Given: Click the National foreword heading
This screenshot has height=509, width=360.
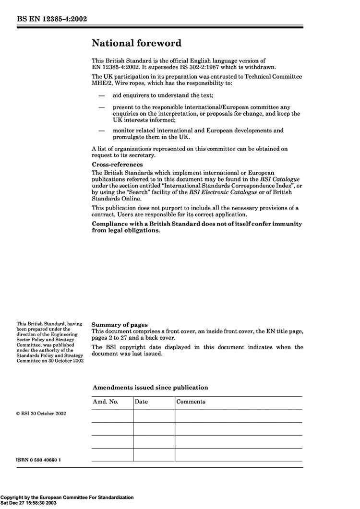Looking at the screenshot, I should [136, 44].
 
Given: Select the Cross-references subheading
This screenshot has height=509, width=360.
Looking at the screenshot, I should [117, 165].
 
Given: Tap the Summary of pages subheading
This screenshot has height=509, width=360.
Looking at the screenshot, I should [120, 325].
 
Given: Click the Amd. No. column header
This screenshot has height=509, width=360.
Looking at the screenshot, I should [105, 402].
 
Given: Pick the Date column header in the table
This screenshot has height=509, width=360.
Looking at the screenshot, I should [142, 402].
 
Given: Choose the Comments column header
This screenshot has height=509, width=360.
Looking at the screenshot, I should [191, 402].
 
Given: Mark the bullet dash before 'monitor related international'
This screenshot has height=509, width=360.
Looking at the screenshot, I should [102, 130].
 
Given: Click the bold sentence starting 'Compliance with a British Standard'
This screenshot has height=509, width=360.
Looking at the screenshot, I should [197, 227].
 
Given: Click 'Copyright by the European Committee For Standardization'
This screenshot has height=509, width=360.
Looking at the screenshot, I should [67, 497].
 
